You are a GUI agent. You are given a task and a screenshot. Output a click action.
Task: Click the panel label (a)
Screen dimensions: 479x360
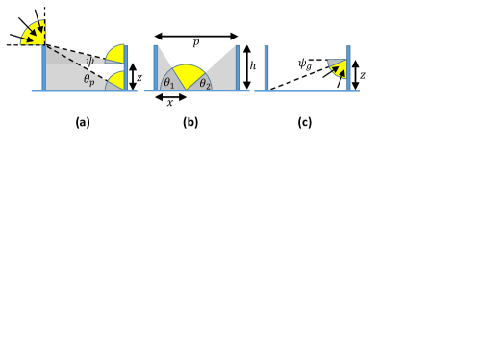[83, 122]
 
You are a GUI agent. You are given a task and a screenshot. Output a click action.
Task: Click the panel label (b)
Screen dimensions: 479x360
[190, 122]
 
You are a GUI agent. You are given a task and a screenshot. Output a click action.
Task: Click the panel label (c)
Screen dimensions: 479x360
[305, 122]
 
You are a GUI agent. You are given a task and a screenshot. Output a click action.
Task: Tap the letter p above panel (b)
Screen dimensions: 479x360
[196, 42]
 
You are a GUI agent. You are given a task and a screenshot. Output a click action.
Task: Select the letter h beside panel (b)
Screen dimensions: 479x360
[253, 65]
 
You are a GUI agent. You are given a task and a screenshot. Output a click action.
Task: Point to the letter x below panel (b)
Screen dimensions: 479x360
[170, 103]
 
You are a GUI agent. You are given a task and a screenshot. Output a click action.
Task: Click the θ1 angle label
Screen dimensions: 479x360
[169, 83]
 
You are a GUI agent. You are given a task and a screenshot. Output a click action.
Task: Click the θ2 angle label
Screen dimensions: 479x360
[205, 84]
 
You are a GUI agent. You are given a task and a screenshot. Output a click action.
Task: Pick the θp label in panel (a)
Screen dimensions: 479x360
[89, 80]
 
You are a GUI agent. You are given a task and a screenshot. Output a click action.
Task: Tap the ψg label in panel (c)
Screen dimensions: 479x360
[305, 64]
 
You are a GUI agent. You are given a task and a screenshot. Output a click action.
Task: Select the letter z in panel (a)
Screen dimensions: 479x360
[139, 78]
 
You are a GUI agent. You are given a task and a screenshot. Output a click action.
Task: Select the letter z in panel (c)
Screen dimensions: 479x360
[363, 75]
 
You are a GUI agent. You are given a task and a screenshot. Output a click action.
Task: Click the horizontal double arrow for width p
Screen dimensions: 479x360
[196, 37]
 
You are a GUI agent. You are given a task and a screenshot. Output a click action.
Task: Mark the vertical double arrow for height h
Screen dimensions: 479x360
[246, 67]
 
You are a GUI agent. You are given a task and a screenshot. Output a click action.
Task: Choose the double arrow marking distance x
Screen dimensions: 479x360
[170, 97]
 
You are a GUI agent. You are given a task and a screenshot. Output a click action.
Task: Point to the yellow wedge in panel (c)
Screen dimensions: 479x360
[340, 70]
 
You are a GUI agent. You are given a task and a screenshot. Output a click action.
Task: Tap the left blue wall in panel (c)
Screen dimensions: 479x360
[266, 68]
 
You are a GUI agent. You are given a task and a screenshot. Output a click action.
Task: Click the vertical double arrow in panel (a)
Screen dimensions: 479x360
[133, 77]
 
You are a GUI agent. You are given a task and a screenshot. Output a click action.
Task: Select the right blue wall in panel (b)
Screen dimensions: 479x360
[238, 68]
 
